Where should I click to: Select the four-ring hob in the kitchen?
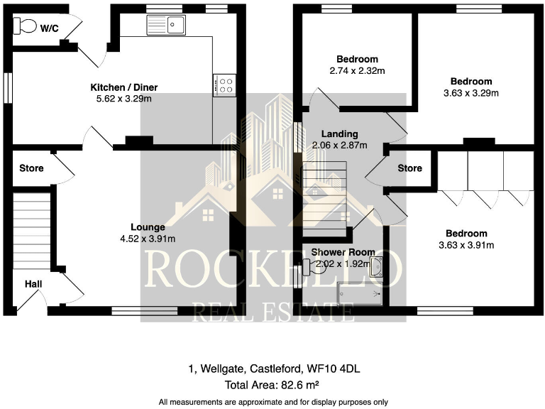click(x=225, y=86)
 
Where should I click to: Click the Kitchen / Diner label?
click(x=123, y=87)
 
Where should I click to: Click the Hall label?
click(x=33, y=284)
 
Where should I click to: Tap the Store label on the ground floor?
click(x=32, y=168)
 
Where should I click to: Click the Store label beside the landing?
click(x=409, y=168)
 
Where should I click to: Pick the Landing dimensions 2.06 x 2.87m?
click(x=339, y=145)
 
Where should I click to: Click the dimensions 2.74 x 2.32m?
click(x=357, y=70)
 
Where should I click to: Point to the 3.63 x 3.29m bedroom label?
click(x=471, y=93)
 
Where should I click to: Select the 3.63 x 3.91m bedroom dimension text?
click(x=466, y=245)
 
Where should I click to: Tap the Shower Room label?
click(x=333, y=253)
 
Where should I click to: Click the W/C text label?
click(x=49, y=28)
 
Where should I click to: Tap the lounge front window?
click(x=145, y=310)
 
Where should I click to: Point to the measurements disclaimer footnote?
click(x=273, y=401)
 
